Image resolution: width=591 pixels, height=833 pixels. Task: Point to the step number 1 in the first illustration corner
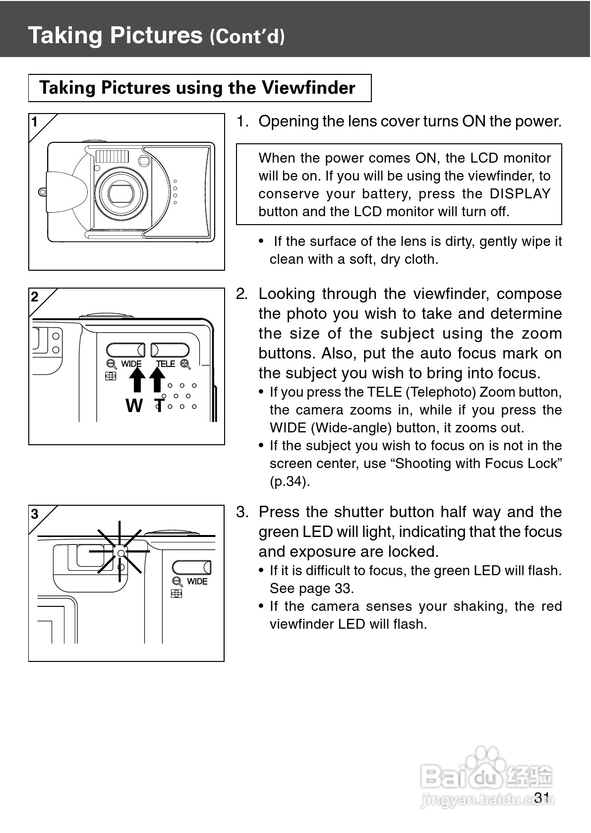[x=35, y=122]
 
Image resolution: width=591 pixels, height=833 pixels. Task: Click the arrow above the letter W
[x=137, y=382]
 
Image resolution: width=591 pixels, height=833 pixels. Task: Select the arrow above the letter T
[x=157, y=382]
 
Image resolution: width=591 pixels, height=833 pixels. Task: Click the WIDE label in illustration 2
[x=131, y=364]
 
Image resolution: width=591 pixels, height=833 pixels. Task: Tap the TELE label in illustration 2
[x=166, y=364]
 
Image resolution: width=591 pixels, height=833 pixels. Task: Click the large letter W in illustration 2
[x=134, y=406]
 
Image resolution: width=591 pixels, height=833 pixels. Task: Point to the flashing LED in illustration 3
[x=120, y=553]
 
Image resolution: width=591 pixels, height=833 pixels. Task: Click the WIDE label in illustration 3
[x=197, y=581]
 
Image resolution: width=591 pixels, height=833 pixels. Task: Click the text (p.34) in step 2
[x=290, y=481]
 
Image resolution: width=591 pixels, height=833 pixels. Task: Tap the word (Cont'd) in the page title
[x=247, y=37]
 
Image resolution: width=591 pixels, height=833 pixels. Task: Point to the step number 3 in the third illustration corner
[x=35, y=514]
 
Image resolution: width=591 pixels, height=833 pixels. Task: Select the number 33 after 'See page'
[x=343, y=589]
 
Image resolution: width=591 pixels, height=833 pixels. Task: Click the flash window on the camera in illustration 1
[x=112, y=157]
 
